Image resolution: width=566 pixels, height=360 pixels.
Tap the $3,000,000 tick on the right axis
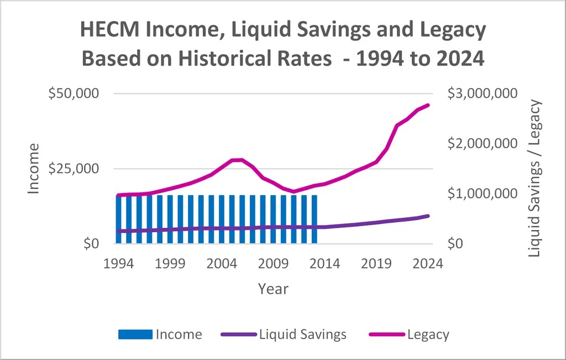coord(483,93)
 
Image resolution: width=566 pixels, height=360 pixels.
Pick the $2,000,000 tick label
coord(483,143)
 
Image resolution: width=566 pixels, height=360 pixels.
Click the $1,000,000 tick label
coord(483,194)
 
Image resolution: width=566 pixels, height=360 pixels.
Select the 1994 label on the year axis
coord(119,263)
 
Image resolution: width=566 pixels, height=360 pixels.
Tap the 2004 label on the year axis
coord(222,263)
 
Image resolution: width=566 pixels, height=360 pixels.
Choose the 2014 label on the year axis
coord(325,263)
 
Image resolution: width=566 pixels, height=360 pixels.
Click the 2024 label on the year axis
coord(428,263)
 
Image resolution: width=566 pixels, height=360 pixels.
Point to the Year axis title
coord(273,289)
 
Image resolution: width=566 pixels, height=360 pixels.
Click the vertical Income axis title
coord(34,168)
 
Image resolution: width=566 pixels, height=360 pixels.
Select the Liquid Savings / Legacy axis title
coord(534,178)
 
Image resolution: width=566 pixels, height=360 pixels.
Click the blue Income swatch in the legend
coord(135,334)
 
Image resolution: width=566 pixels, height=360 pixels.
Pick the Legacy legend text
coord(428,334)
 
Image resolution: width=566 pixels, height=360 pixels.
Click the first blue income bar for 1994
coord(119,219)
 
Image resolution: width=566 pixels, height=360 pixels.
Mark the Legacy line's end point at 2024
coord(428,105)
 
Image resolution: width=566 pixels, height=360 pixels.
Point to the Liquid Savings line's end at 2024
coord(428,216)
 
